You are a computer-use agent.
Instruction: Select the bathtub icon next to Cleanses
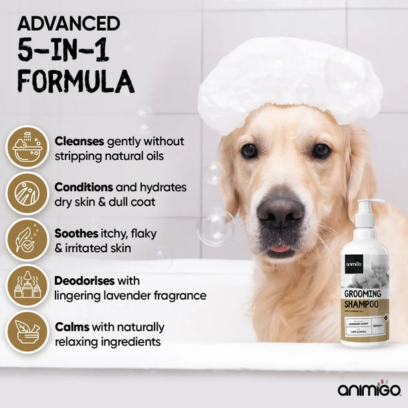click(x=27, y=148)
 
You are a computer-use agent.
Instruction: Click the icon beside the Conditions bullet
click(x=27, y=193)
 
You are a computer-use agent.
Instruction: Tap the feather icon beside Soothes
click(x=27, y=239)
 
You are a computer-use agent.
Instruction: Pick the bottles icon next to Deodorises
click(x=27, y=286)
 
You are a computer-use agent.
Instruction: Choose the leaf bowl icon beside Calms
click(x=27, y=332)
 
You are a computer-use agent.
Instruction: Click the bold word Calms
click(x=72, y=327)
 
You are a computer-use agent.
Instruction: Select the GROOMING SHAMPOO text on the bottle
click(x=363, y=299)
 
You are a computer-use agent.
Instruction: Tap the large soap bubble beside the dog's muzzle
click(x=215, y=227)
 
